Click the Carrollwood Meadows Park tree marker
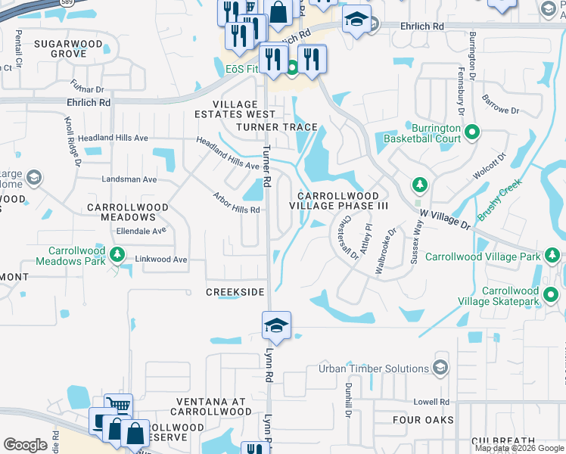pyautogui.click(x=117, y=254)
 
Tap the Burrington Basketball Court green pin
pyautogui.click(x=473, y=133)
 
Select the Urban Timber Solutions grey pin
pyautogui.click(x=440, y=368)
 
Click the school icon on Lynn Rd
pyautogui.click(x=276, y=326)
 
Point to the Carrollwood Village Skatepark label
pyautogui.click(x=510, y=296)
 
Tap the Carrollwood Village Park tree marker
pyautogui.click(x=552, y=257)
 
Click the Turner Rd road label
pyautogui.click(x=266, y=166)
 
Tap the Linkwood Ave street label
pyautogui.click(x=160, y=260)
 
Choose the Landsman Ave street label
pyautogui.click(x=129, y=179)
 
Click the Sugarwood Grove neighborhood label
pyautogui.click(x=68, y=49)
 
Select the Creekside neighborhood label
pyautogui.click(x=235, y=292)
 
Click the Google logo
pyautogui.click(x=26, y=444)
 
